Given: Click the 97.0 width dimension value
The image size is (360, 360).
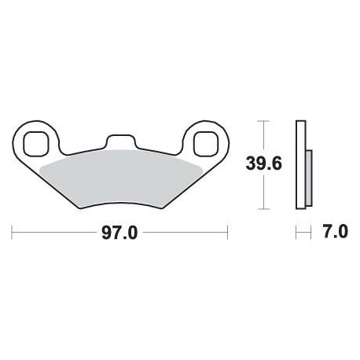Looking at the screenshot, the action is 119,233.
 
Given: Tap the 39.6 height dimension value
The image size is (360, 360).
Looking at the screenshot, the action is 263,164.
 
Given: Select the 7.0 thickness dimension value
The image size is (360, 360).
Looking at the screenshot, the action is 336,232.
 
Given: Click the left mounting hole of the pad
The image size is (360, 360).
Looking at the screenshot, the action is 36,144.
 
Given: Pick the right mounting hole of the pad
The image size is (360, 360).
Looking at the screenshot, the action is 206,144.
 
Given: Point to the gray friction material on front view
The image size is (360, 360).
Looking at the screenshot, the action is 121,178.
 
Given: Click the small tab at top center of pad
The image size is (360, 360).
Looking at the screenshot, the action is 121,141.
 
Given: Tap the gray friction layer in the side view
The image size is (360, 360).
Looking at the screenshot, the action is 309,178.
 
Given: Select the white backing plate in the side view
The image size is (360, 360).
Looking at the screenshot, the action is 301,164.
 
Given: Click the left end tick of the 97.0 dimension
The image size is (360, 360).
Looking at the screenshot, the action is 12,232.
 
